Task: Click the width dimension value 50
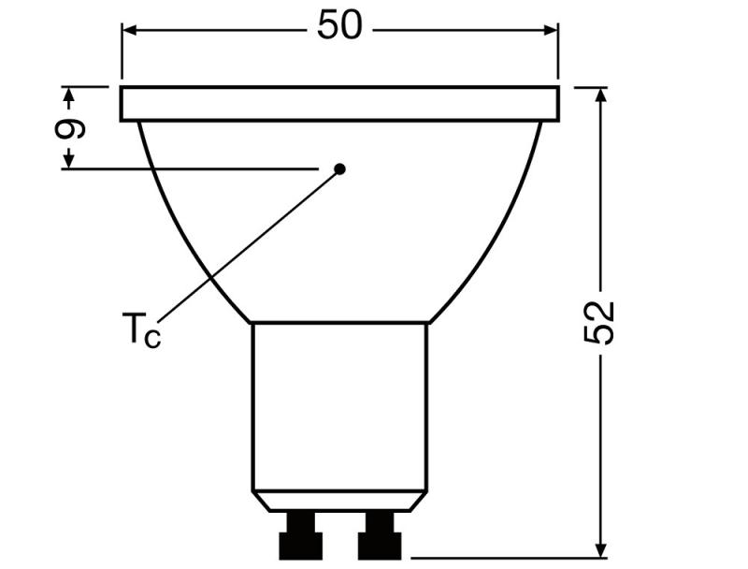[338, 26]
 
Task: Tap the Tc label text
[141, 330]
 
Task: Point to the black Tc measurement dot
[340, 168]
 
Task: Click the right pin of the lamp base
[379, 536]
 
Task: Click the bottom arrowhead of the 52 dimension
[601, 549]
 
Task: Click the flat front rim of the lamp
[340, 104]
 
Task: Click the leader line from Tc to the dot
[248, 245]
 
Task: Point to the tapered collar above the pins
[339, 501]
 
